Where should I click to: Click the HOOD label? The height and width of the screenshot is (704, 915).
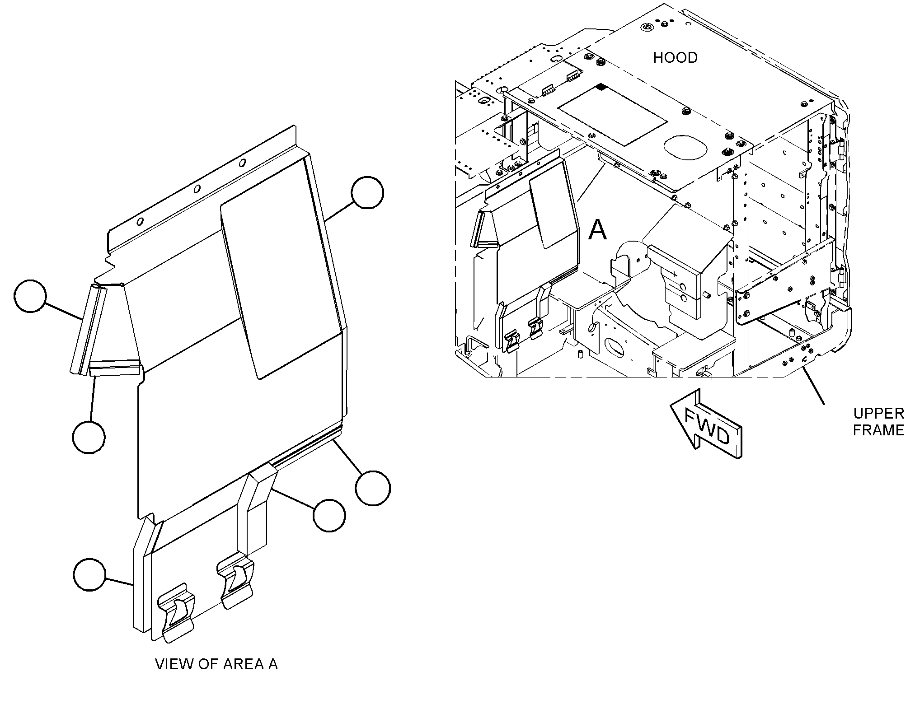(x=675, y=58)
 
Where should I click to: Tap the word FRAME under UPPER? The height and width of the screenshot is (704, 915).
(x=878, y=430)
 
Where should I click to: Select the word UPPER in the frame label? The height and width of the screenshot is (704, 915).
(x=878, y=413)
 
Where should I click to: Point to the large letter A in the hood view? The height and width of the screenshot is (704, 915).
(x=598, y=230)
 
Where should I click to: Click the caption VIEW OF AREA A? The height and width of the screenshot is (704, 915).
(x=216, y=664)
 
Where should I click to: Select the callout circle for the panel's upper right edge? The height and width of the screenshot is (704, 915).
(x=367, y=192)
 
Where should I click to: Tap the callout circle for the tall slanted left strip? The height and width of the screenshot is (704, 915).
(x=30, y=296)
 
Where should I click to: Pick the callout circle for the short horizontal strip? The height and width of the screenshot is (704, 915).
(x=89, y=437)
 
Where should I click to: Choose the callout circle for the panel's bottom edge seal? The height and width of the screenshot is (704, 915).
(x=373, y=488)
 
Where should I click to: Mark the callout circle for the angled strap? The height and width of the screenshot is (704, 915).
(x=329, y=515)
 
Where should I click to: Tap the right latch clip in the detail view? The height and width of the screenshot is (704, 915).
(x=235, y=583)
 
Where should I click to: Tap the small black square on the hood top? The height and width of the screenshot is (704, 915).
(x=601, y=86)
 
